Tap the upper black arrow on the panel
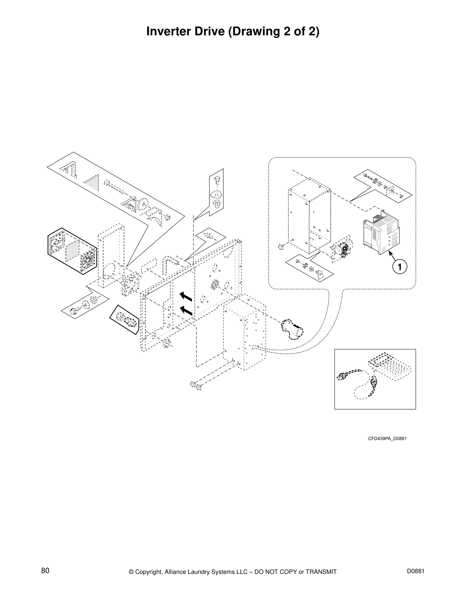point(185,296)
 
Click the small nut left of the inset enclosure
point(281,247)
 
